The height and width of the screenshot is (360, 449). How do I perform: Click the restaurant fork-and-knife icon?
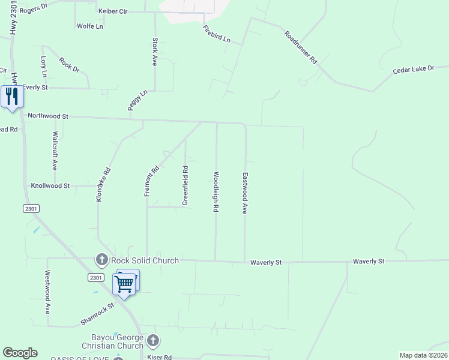point(12,96)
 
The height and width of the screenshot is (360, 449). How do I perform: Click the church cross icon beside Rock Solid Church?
point(101,260)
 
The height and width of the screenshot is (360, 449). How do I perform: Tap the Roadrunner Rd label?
point(301,48)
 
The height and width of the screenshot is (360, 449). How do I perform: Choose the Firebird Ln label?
point(216,34)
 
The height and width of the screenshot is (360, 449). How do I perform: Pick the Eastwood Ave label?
point(245,194)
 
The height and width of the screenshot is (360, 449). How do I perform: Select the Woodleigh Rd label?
point(215,192)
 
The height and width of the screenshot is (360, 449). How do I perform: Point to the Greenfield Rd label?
point(185,185)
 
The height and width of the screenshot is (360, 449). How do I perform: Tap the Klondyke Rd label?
point(104,184)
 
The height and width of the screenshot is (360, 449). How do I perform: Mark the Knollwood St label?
point(51,186)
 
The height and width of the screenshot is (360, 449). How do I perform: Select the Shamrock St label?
point(98,314)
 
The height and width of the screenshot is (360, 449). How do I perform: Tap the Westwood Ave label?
point(47,292)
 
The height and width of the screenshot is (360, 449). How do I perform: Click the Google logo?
point(20,353)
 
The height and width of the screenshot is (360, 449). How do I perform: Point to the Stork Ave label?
point(155,52)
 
